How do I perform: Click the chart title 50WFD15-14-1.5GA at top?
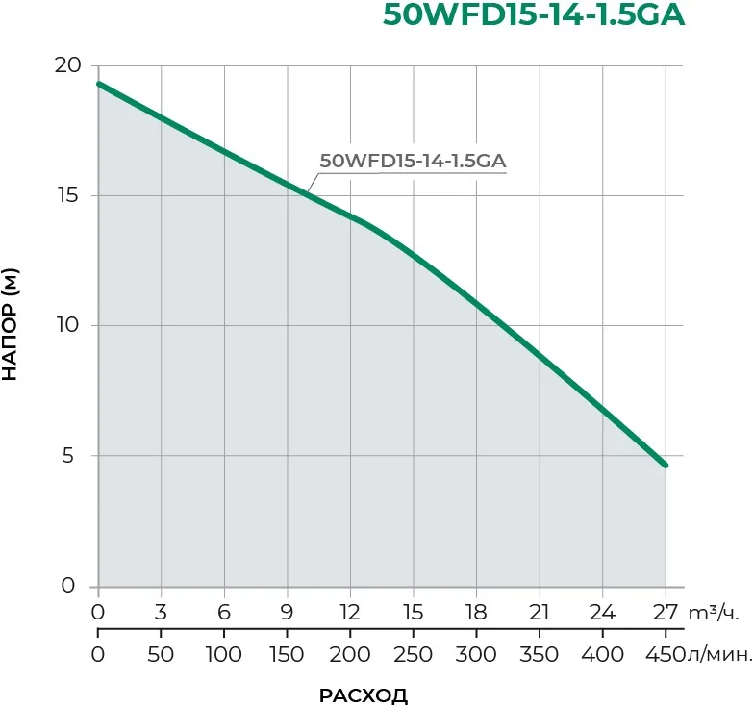(534, 16)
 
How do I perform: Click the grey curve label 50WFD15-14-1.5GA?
(413, 162)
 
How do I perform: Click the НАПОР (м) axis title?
(11, 324)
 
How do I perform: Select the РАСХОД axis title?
(363, 694)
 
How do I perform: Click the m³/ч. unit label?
(713, 613)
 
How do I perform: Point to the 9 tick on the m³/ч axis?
(287, 613)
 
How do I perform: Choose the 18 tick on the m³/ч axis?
(476, 613)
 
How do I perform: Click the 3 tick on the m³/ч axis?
(161, 613)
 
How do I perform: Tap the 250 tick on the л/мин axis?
(413, 655)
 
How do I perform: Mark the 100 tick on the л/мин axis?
(223, 655)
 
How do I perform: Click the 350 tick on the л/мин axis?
(539, 655)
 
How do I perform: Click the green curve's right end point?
(665, 465)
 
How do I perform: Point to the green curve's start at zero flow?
(98, 84)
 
